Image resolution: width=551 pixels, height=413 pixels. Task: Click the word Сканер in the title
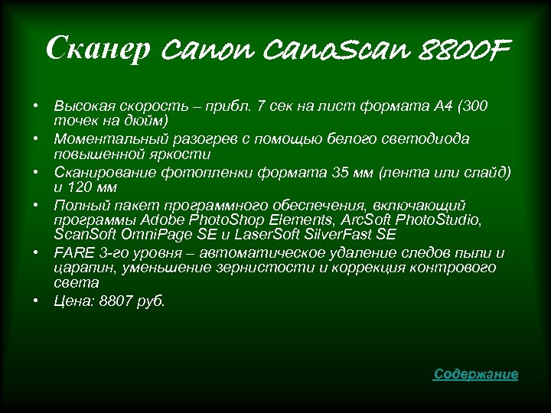[x=85, y=50]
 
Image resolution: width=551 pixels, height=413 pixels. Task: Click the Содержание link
[x=475, y=374]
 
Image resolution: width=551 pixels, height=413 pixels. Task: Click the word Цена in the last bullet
[x=71, y=301]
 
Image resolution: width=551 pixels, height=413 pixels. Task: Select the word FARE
[x=71, y=252]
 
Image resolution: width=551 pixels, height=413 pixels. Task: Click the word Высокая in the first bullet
[x=81, y=105]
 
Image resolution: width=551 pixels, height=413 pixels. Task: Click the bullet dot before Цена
[x=36, y=301]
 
